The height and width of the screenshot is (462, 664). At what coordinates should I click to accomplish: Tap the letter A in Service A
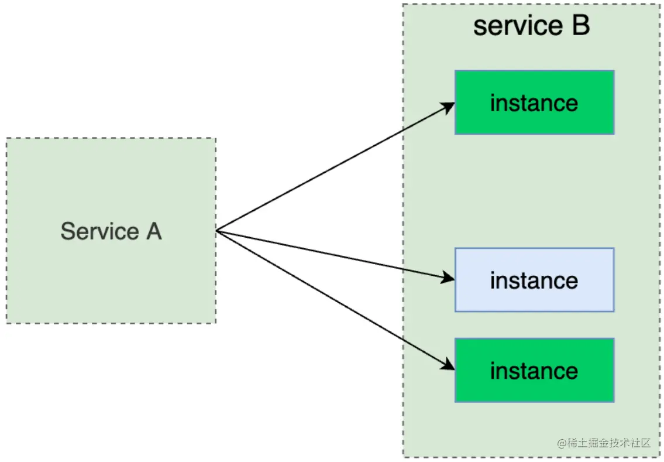[153, 231]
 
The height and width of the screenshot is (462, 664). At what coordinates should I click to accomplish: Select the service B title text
[531, 26]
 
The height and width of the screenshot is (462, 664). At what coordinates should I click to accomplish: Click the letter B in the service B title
[580, 26]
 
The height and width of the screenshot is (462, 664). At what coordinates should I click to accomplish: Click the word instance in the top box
[534, 103]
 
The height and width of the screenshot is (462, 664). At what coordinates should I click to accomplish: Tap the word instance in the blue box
[534, 280]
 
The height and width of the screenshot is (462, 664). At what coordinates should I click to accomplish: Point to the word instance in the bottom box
[534, 371]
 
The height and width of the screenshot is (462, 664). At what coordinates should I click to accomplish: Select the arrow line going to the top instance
[333, 169]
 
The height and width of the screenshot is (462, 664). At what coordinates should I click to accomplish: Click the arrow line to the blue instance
[333, 255]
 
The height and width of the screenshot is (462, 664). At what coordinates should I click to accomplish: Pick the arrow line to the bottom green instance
[333, 298]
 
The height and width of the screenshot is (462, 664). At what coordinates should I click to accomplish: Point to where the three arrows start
[217, 231]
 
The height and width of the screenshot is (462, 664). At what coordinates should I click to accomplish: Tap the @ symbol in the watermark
[562, 443]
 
